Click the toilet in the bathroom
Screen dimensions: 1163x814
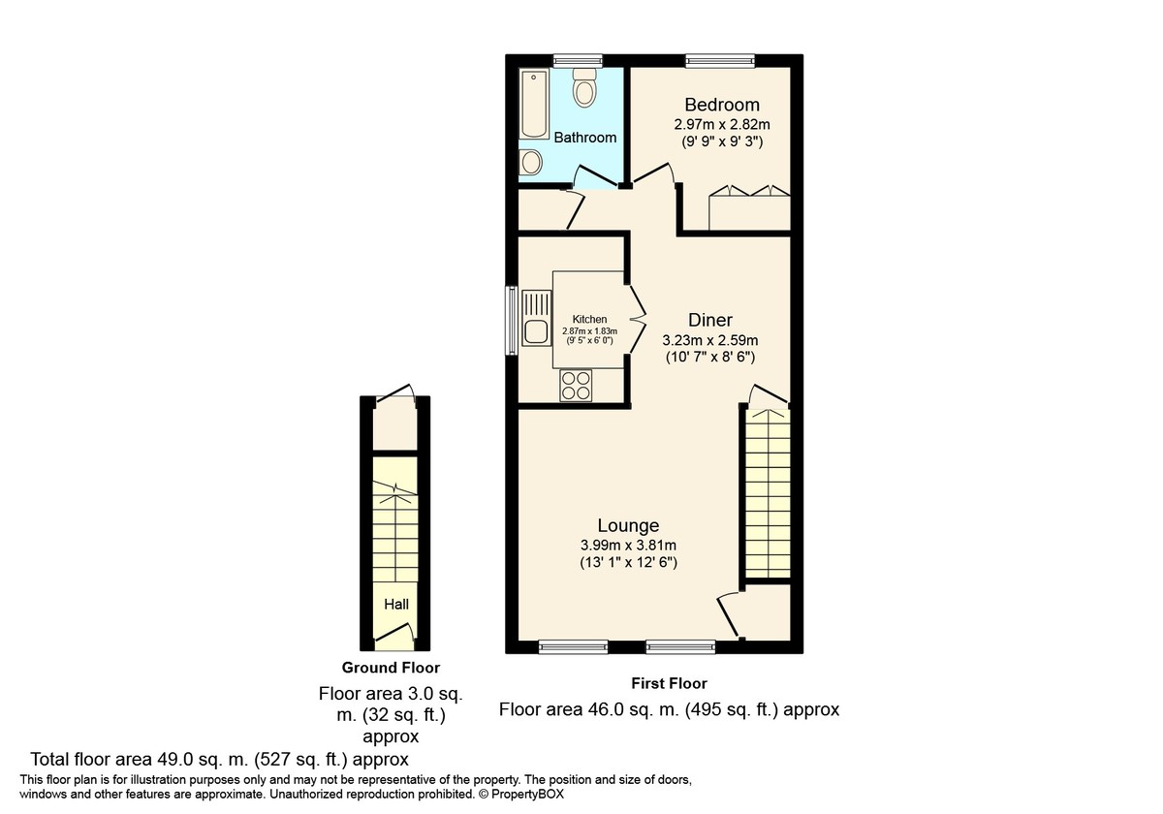click(x=584, y=87)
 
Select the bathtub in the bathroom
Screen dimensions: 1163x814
click(x=534, y=104)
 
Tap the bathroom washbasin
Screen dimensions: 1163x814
click(x=530, y=162)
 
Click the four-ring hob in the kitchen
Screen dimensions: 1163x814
click(x=576, y=386)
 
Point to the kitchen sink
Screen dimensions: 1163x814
click(x=536, y=318)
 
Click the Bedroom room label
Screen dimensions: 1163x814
click(x=722, y=105)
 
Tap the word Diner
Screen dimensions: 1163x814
click(x=709, y=320)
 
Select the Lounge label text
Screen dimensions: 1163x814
click(x=628, y=525)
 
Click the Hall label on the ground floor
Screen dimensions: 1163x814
click(x=396, y=604)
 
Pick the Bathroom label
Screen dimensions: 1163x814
click(x=585, y=138)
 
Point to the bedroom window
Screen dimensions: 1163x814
click(x=719, y=61)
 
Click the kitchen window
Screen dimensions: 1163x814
click(x=512, y=320)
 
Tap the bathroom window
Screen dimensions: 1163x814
click(x=578, y=61)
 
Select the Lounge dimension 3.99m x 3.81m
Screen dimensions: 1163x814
click(x=628, y=546)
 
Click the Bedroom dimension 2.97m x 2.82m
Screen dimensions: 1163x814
click(x=722, y=125)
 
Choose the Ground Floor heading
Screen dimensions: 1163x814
click(x=391, y=668)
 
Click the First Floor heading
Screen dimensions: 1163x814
click(x=669, y=683)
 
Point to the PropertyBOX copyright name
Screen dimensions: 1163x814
click(x=527, y=795)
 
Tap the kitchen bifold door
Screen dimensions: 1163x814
click(x=637, y=320)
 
